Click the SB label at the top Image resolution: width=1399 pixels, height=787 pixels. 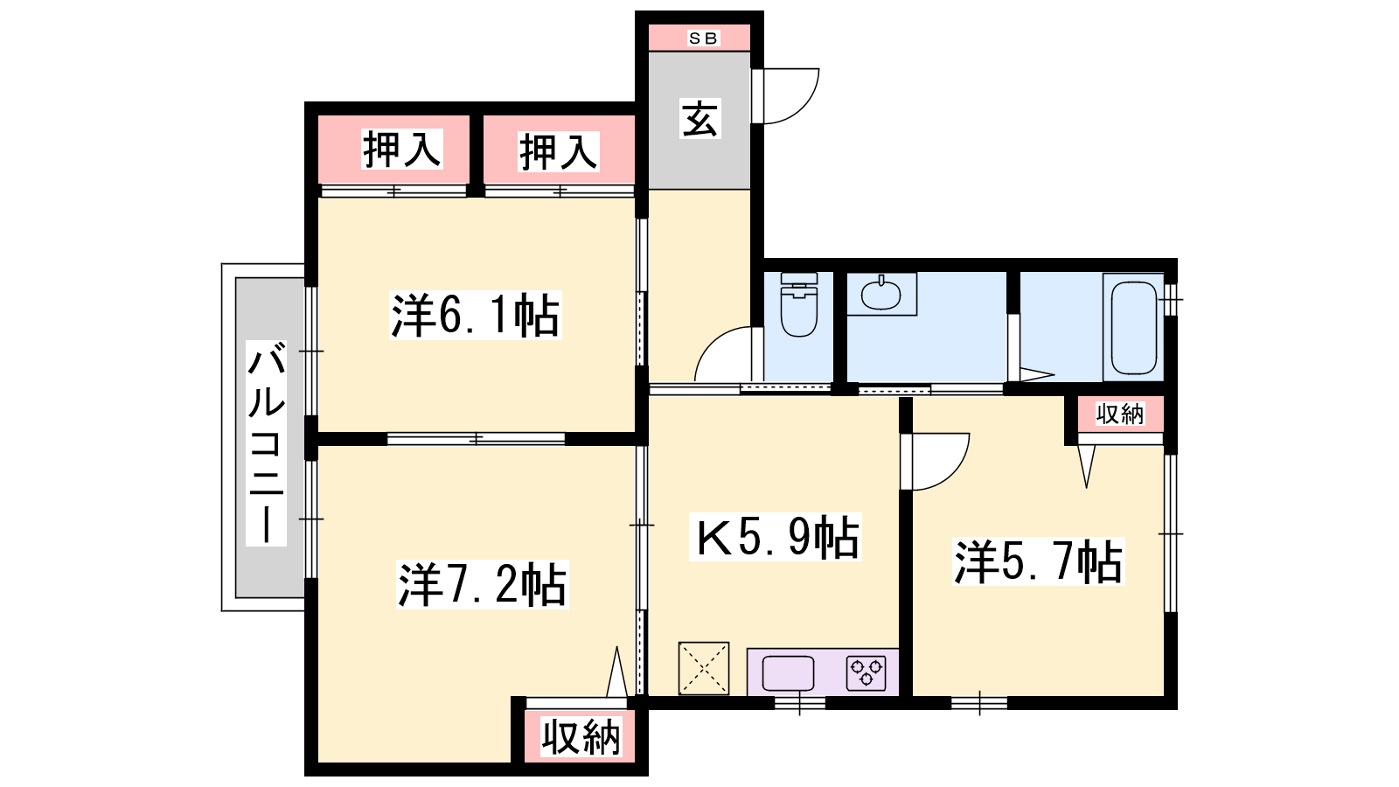pyautogui.click(x=703, y=38)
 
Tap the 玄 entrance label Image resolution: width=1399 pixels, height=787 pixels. pyautogui.click(x=699, y=118)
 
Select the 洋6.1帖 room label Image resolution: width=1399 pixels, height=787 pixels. pyautogui.click(x=476, y=316)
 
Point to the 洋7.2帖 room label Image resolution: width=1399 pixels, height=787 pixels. pyautogui.click(x=482, y=585)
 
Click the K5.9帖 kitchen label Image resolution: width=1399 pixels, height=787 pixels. pyautogui.click(x=776, y=537)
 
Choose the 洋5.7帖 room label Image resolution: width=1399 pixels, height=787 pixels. pyautogui.click(x=1038, y=561)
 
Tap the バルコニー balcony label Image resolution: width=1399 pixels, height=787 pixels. pyautogui.click(x=266, y=442)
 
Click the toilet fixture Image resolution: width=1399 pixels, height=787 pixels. pyautogui.click(x=799, y=304)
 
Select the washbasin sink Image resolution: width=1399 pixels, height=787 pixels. pyautogui.click(x=880, y=294)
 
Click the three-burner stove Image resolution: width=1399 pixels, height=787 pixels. pyautogui.click(x=867, y=672)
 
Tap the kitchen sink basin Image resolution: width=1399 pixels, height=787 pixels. pyautogui.click(x=788, y=673)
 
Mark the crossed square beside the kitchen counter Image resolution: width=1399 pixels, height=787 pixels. pyautogui.click(x=704, y=668)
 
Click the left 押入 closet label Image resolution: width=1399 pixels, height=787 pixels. pyautogui.click(x=402, y=150)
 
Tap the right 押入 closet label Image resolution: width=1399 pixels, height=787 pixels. pyautogui.click(x=559, y=152)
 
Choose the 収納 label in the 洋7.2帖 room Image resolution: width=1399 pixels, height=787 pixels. pyautogui.click(x=581, y=737)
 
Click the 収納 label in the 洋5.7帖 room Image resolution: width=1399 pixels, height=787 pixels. pyautogui.click(x=1120, y=414)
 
